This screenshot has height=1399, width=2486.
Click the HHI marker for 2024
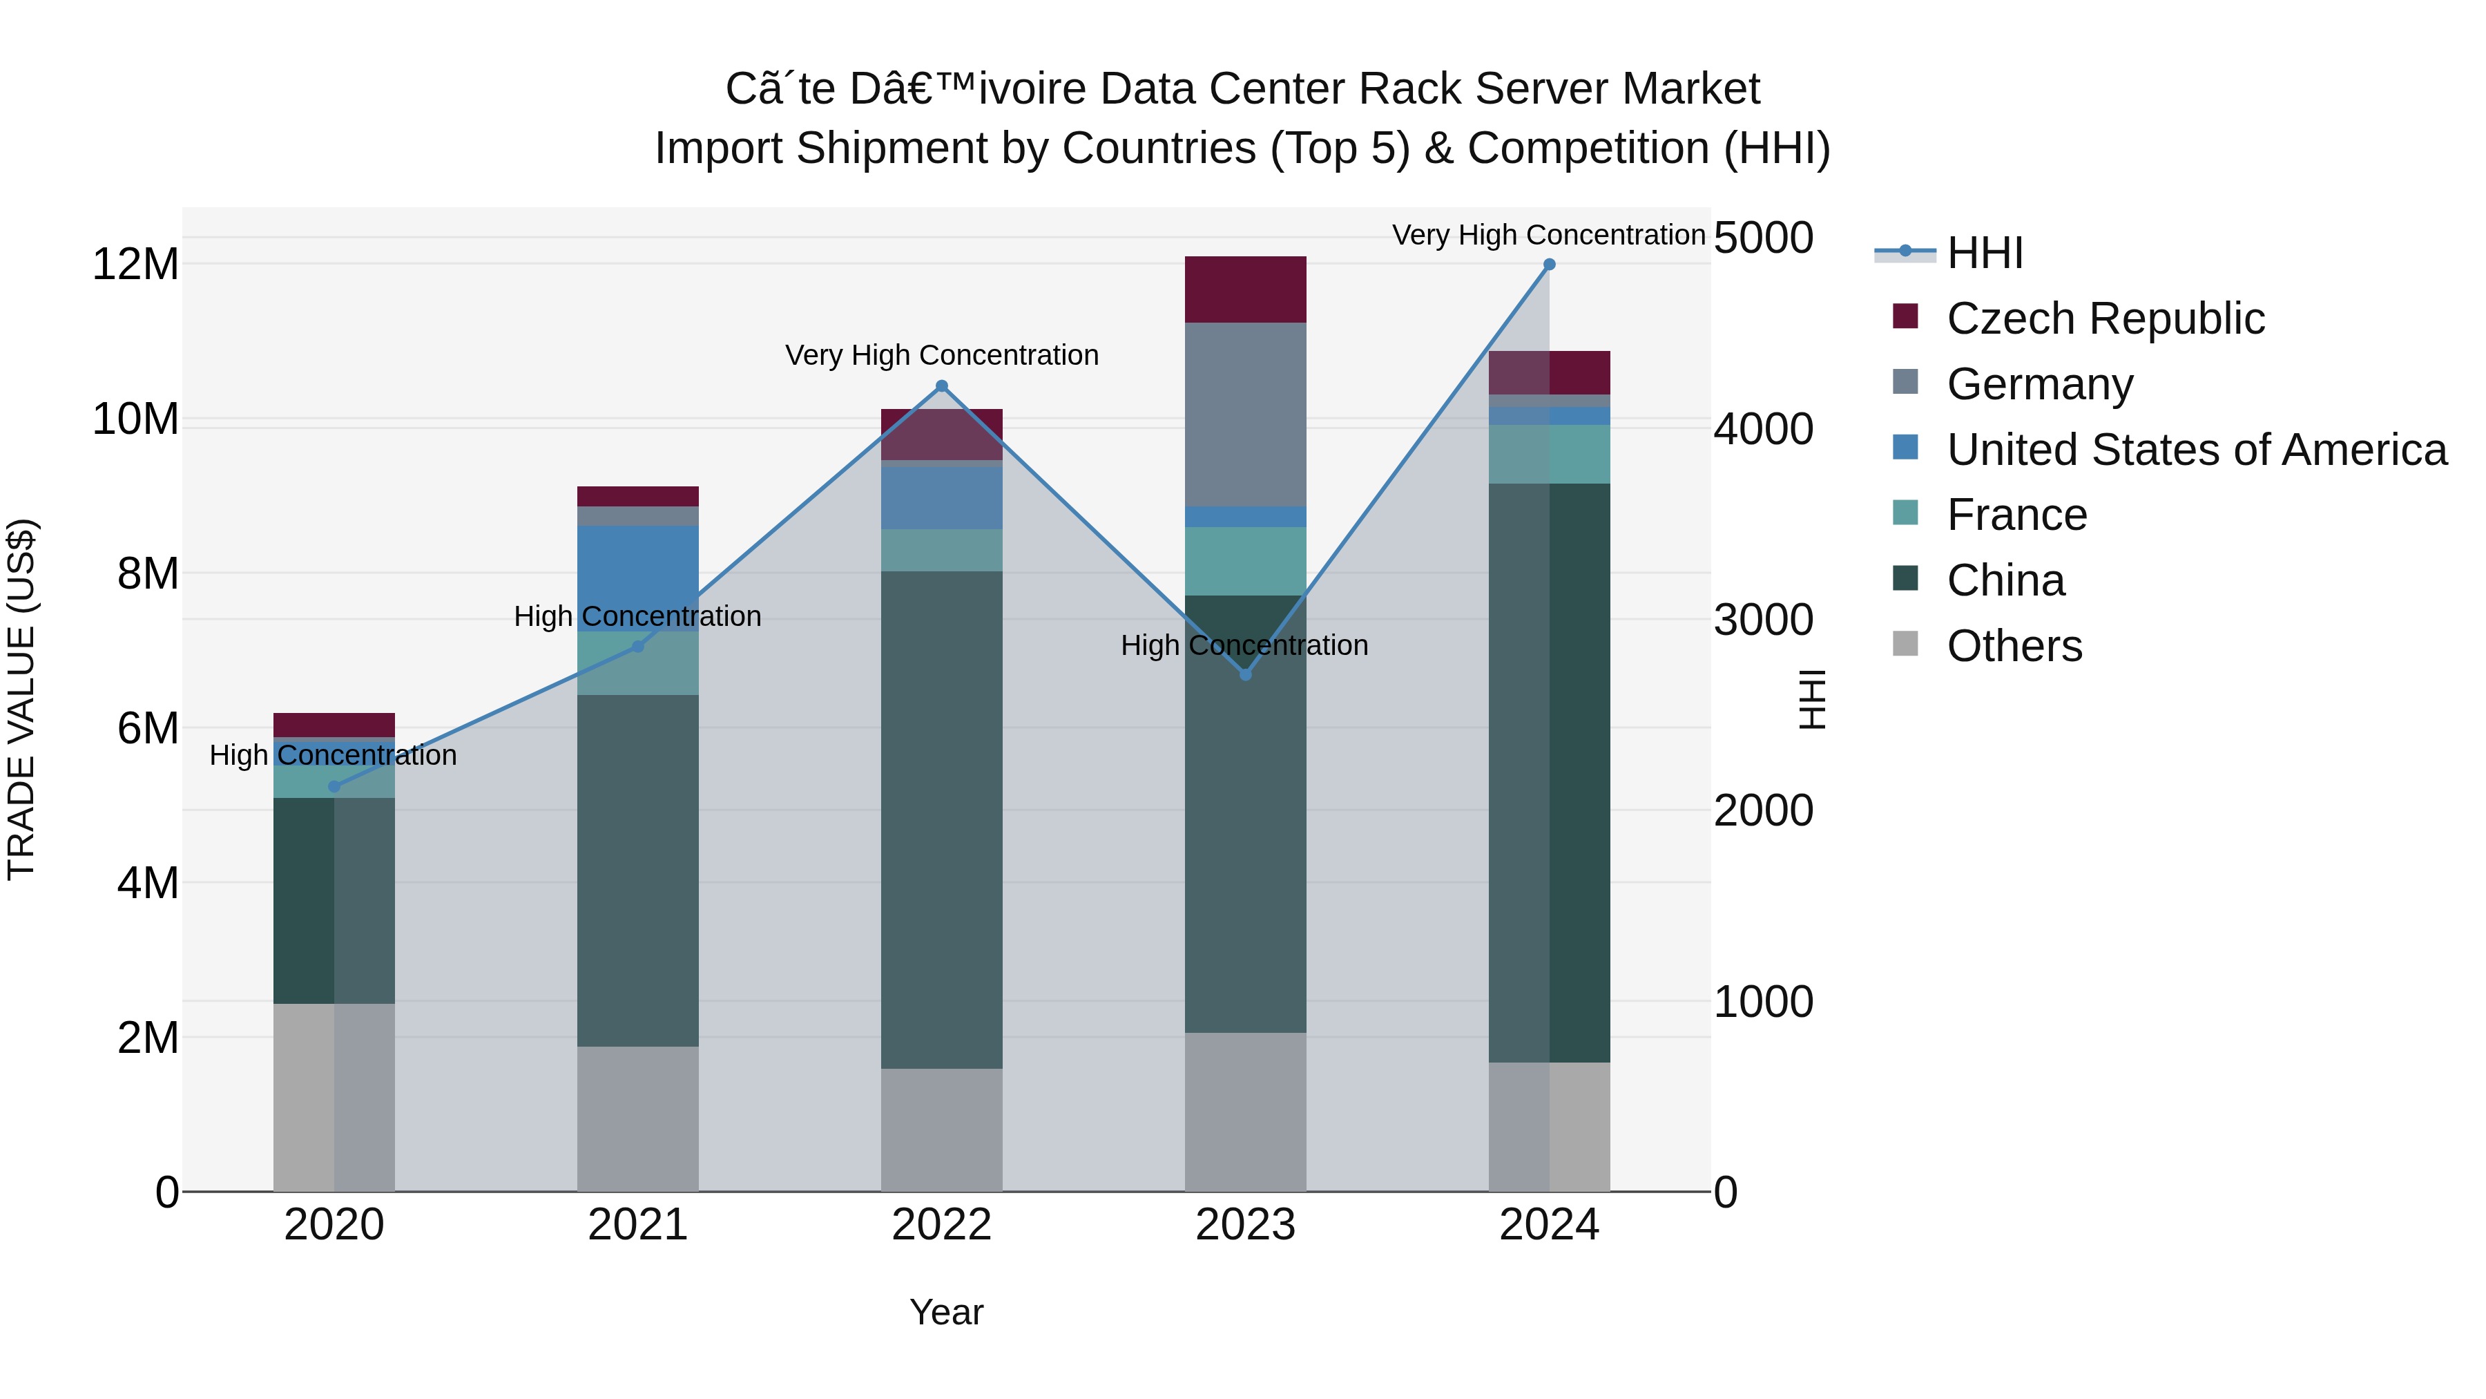click(1549, 265)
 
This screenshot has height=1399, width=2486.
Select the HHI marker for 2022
click(942, 387)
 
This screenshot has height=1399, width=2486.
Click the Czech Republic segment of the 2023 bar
click(1245, 289)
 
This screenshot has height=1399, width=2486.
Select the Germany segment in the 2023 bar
click(1245, 415)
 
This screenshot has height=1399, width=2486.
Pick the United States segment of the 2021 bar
click(638, 578)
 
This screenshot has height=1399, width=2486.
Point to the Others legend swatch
click(1905, 644)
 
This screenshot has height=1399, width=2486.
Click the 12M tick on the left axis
click(135, 265)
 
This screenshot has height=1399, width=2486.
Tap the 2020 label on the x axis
click(334, 1225)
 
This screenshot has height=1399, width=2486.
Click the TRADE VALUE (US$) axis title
click(22, 699)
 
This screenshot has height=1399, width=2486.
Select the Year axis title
click(946, 1312)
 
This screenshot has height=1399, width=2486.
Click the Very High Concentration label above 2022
click(942, 355)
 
